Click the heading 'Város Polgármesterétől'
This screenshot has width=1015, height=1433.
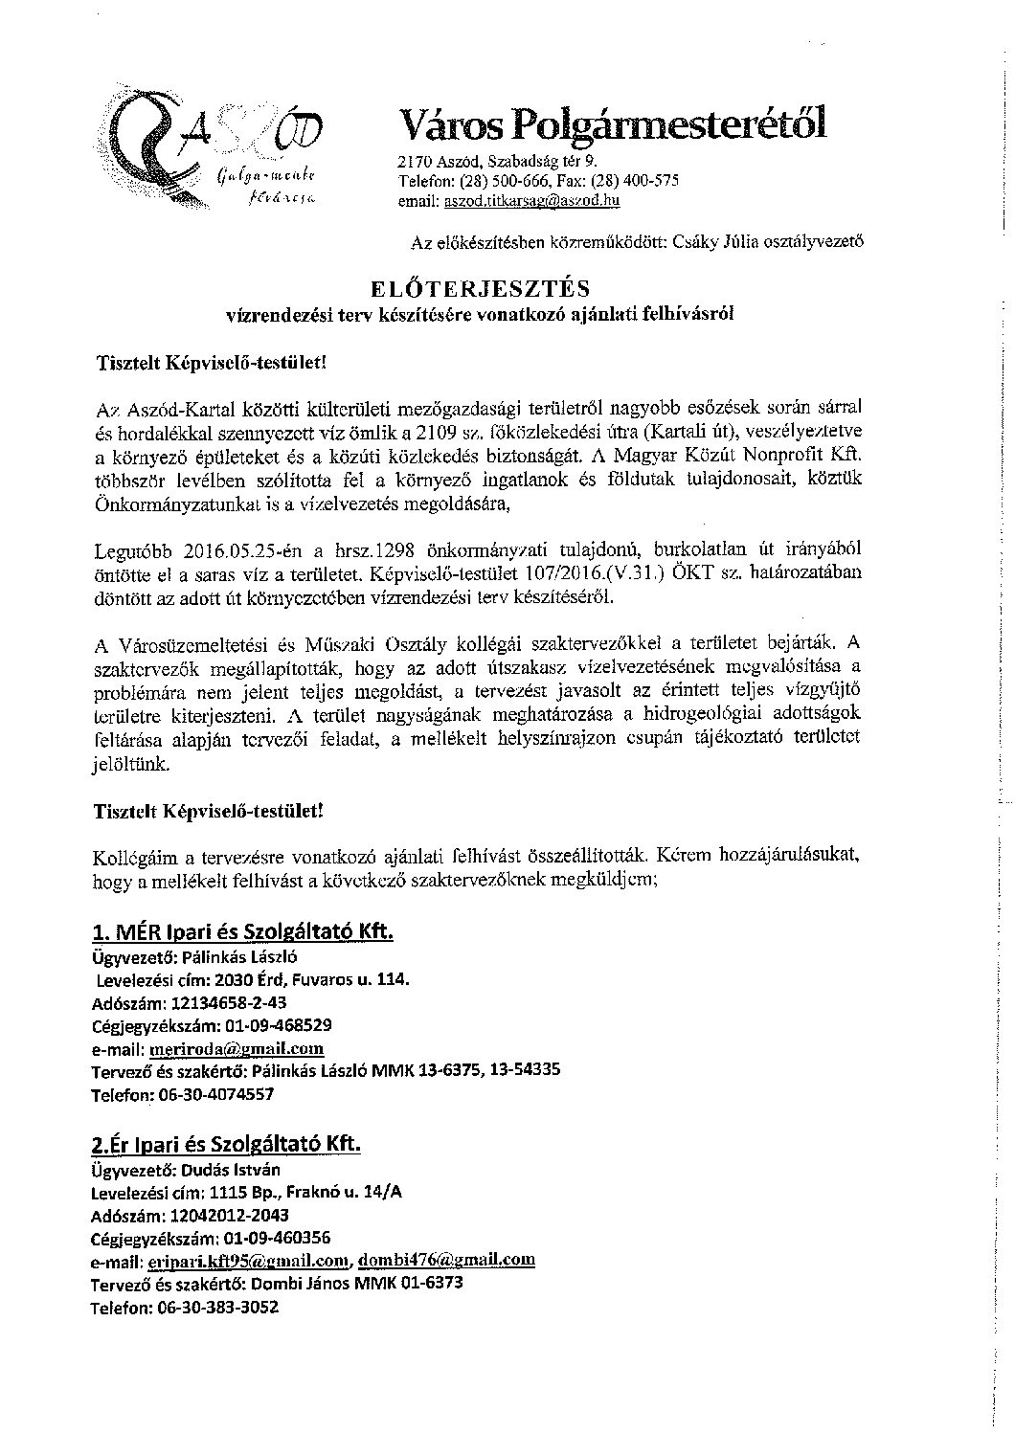pyautogui.click(x=611, y=124)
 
